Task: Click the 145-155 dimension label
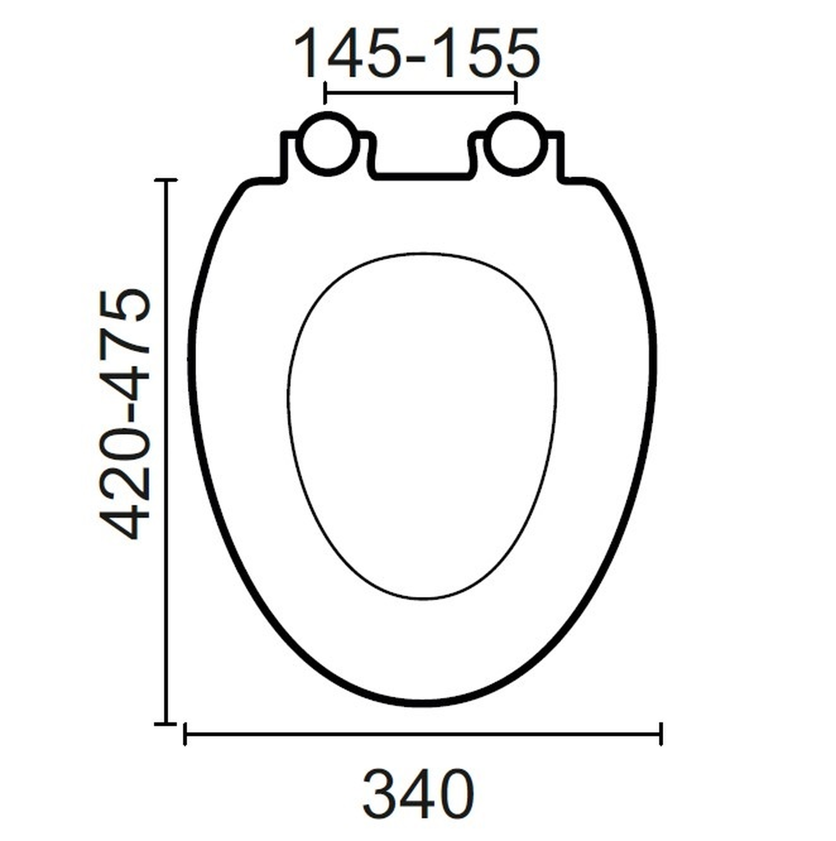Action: tap(417, 54)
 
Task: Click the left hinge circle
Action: tap(326, 144)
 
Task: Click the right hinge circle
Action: tap(515, 144)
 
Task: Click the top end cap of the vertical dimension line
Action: tap(166, 179)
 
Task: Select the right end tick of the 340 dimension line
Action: tap(661, 734)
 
